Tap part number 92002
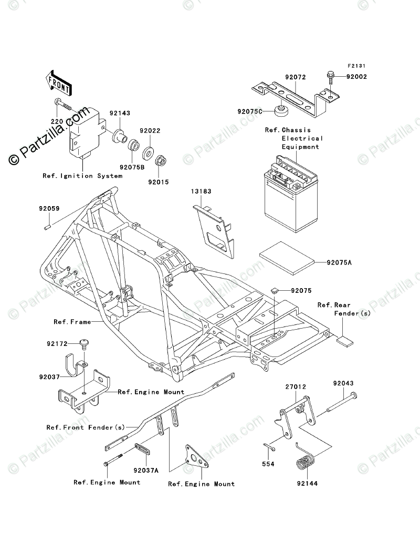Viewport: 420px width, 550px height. [356, 77]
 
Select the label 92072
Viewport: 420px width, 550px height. [295, 77]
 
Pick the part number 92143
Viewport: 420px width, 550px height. [120, 113]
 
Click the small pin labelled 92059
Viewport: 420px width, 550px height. [46, 228]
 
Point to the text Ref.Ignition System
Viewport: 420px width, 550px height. [82, 176]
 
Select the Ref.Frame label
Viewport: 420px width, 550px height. [72, 321]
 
